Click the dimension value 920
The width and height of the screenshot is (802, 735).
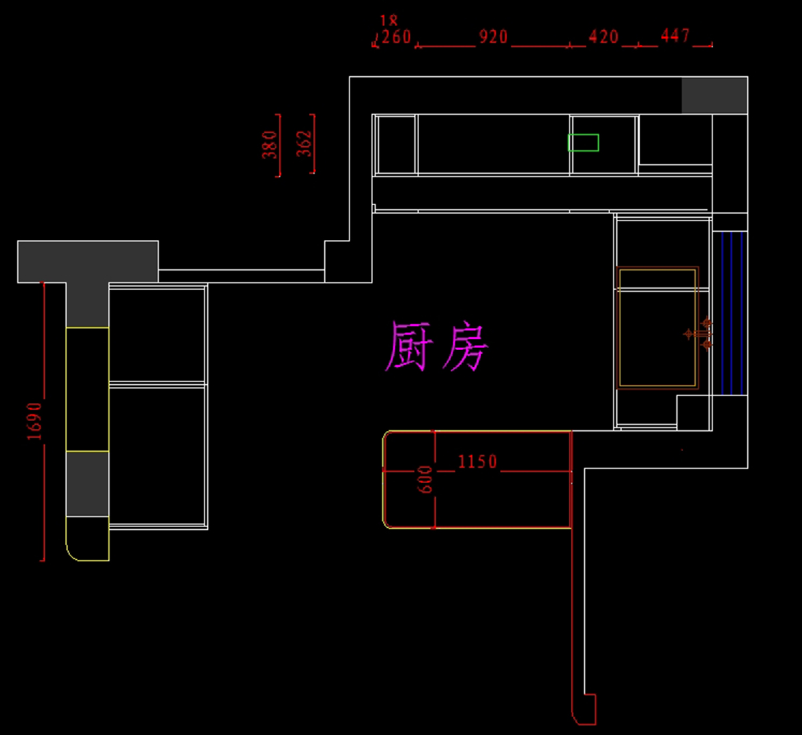[x=493, y=37]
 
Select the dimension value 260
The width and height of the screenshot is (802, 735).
[x=396, y=37]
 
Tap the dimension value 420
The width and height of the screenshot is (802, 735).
[x=604, y=37]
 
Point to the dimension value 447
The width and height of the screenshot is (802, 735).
[x=675, y=35]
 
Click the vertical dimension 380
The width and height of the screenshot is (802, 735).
[x=269, y=145]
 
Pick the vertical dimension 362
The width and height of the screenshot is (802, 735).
[x=304, y=144]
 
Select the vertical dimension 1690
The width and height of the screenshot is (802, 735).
[x=35, y=421]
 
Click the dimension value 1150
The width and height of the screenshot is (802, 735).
[x=477, y=462]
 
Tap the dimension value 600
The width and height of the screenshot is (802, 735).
[x=425, y=480]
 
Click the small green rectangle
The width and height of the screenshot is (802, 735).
[x=583, y=142]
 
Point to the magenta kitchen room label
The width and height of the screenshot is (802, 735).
[x=437, y=346]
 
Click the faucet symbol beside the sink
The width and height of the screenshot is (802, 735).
[x=699, y=333]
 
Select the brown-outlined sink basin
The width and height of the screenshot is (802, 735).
[x=658, y=327]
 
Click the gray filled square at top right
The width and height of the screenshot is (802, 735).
[x=714, y=95]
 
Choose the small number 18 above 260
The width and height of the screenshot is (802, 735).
[x=388, y=21]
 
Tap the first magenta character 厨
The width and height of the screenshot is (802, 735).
[x=408, y=346]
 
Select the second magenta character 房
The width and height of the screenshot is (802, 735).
[x=466, y=346]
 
